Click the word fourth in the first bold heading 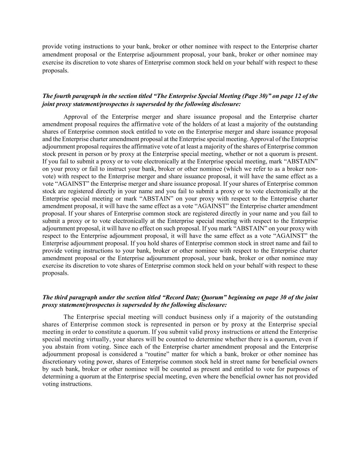61,96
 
